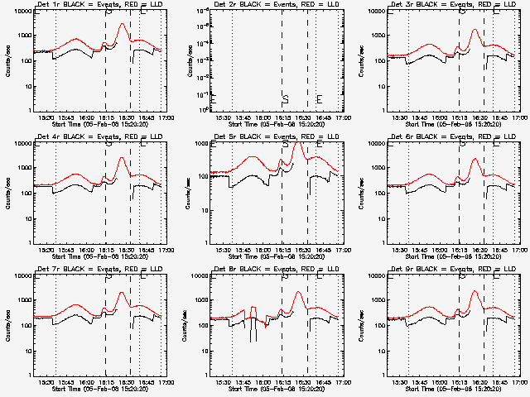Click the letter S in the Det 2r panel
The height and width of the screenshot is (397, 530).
[x=285, y=99]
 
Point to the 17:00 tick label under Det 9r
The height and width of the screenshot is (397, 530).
[x=518, y=383]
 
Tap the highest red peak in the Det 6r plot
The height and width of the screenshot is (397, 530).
[x=474, y=158]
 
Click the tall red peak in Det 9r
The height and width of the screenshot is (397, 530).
[x=475, y=291]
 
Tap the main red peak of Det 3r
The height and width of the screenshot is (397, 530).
[x=475, y=31]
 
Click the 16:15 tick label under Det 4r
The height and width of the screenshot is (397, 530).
[x=106, y=251]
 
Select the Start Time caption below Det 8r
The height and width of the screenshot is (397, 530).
[x=277, y=389]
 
